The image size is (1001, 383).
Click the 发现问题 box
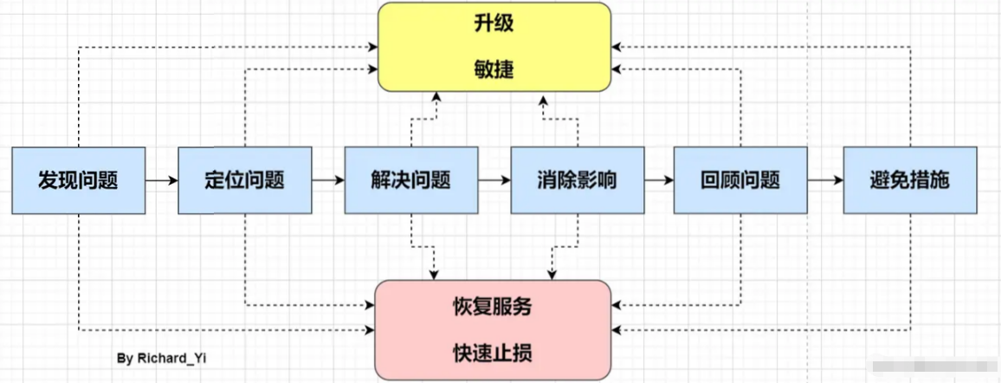pos(78,180)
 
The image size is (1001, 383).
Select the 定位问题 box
pos(244,180)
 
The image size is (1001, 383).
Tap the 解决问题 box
pos(410,180)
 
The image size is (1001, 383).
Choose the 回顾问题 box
pos(740,180)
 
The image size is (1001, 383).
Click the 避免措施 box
pos(909,180)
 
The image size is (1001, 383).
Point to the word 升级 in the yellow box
pos(494,23)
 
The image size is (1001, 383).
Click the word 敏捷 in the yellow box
pos(494,68)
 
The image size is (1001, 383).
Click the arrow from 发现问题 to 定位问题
pos(160,181)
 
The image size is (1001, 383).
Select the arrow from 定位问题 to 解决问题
pos(327,181)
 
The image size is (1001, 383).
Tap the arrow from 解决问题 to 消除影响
pos(493,181)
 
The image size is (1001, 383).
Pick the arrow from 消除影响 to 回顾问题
pos(658,181)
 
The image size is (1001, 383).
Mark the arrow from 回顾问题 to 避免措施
pos(825,181)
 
